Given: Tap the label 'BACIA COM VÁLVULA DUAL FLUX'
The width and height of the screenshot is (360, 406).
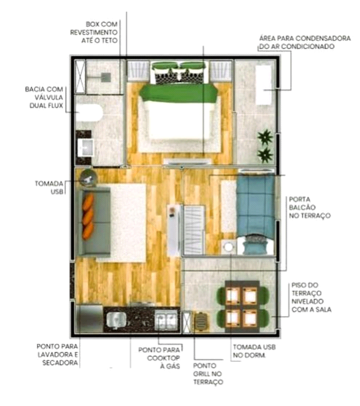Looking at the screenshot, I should [44, 97].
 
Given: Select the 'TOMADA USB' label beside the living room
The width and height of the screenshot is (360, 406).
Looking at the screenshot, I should [49, 187].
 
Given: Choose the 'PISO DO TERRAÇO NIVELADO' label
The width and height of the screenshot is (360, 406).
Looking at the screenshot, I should [311, 297].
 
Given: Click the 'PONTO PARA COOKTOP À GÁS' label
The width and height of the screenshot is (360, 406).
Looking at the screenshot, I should [159, 358].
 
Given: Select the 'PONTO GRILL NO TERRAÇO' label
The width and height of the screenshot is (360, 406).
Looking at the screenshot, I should [208, 373].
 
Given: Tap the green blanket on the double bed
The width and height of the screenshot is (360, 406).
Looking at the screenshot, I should [178, 93].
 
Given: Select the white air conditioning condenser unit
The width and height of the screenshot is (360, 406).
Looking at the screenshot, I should [263, 86].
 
